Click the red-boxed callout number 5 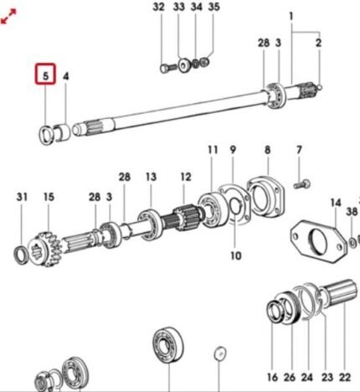[45, 75]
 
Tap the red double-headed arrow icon [8, 16]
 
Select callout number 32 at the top [158, 7]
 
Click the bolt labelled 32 [168, 68]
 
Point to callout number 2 [318, 43]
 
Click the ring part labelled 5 [46, 135]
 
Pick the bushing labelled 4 [62, 132]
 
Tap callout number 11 [213, 150]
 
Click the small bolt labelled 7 [302, 184]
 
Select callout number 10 [236, 255]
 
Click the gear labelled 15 [45, 249]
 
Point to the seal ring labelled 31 [21, 255]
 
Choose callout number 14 [336, 203]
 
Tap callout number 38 [352, 211]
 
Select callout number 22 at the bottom [345, 378]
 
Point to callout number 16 [272, 378]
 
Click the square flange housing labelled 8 [265, 198]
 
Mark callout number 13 [151, 177]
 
